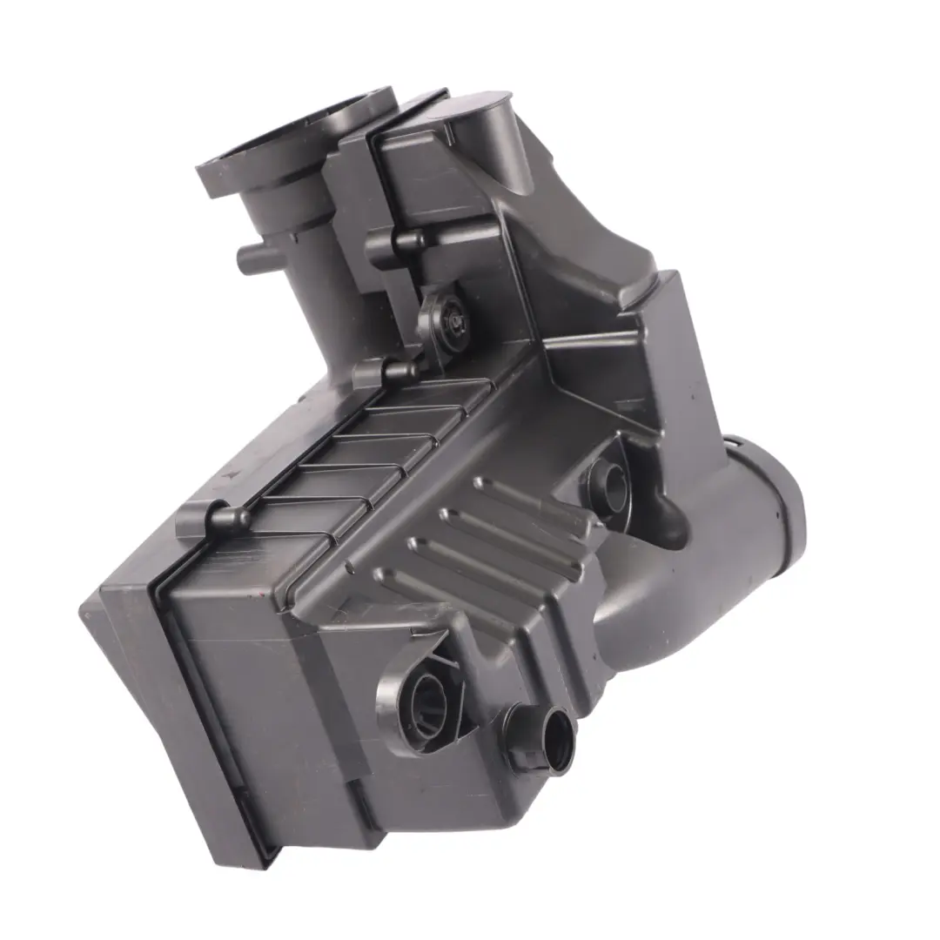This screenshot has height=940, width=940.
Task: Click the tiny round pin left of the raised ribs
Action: tap(350, 569)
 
